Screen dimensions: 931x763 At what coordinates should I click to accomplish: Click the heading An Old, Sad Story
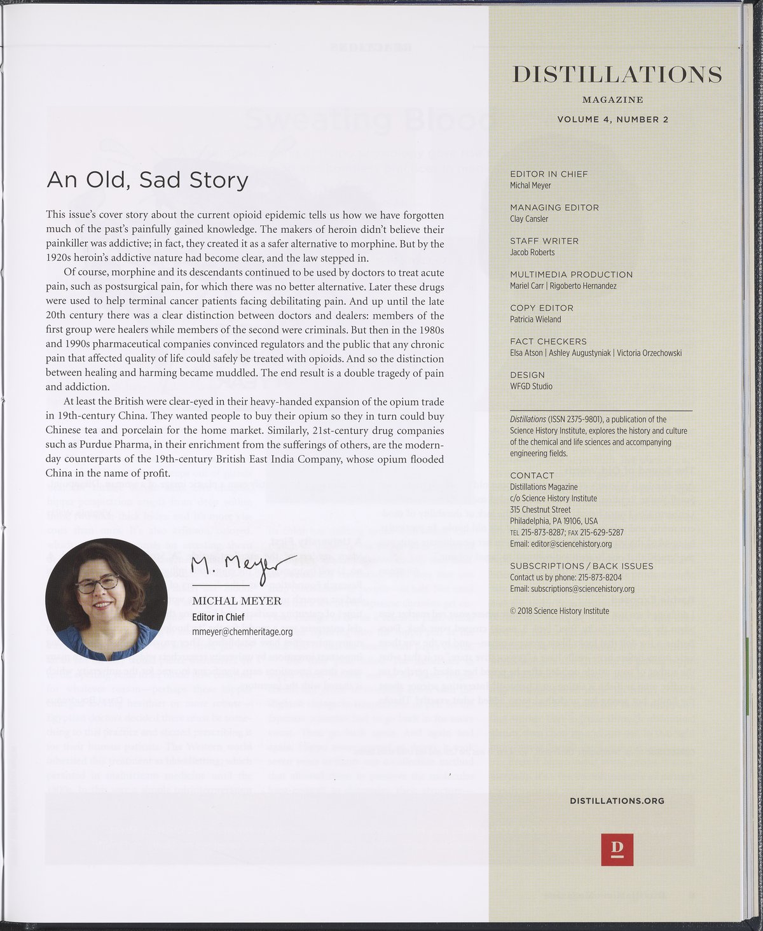(x=147, y=181)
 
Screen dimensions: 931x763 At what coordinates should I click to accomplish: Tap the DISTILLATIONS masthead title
(x=617, y=75)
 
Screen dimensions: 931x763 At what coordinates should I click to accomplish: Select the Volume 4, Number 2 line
(x=612, y=120)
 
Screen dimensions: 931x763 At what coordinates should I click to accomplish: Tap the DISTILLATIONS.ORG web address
(x=617, y=801)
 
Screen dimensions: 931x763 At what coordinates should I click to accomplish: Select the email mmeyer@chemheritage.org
(x=242, y=632)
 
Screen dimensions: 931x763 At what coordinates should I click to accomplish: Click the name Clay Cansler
(x=528, y=219)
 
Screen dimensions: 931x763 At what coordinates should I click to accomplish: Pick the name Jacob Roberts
(x=532, y=253)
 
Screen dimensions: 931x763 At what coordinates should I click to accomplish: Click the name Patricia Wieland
(x=535, y=319)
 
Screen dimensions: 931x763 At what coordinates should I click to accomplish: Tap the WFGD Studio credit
(x=531, y=386)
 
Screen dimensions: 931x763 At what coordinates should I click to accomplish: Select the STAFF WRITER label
(x=544, y=241)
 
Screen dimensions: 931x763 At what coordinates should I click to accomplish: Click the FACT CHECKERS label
(x=548, y=342)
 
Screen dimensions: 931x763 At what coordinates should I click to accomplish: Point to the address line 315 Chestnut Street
(x=540, y=510)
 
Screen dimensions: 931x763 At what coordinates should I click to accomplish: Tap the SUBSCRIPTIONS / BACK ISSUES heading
(x=581, y=566)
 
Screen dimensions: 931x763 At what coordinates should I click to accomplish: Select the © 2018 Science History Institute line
(x=559, y=611)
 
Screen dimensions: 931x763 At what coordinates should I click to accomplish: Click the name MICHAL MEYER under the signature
(x=237, y=601)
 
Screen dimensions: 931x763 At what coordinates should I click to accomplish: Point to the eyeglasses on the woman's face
(x=97, y=582)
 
